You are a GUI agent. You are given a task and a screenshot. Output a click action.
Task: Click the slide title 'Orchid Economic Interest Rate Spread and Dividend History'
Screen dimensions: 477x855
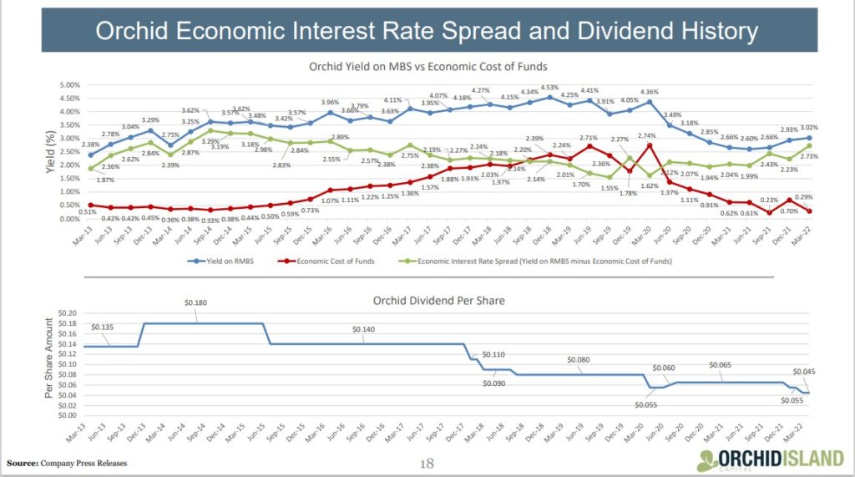(x=427, y=32)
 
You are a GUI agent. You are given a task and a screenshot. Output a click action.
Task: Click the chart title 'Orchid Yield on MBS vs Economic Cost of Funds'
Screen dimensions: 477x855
(x=427, y=66)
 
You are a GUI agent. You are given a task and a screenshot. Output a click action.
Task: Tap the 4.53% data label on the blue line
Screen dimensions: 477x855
(x=549, y=87)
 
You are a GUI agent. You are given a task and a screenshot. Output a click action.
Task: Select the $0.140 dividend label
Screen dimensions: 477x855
(x=364, y=330)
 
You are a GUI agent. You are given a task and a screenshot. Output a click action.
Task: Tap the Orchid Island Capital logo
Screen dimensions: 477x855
(x=769, y=458)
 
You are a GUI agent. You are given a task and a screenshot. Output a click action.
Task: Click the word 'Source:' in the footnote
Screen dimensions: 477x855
(x=23, y=463)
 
